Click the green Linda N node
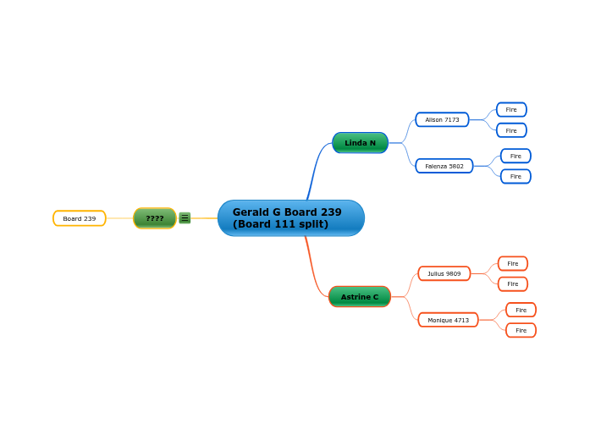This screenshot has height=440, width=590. coord(360,143)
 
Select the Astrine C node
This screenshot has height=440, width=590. coord(360,297)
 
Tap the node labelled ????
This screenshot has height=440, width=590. coord(155,218)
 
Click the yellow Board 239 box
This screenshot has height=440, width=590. coord(80,218)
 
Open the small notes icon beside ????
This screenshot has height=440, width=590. coord(185,218)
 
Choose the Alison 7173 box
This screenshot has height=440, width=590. coord(442,120)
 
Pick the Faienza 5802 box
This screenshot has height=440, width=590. coord(444,166)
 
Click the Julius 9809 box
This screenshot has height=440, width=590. coord(444,273)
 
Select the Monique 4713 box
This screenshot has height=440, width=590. coord(448,320)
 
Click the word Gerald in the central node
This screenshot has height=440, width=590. coord(251,212)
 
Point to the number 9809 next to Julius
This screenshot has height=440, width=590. coord(454,273)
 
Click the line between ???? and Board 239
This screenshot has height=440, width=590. coord(119,218)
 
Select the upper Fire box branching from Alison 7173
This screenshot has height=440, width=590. coord(511,110)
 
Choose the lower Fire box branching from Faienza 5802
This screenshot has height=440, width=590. coord(516,176)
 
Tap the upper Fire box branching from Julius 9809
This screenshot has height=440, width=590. coord(513,263)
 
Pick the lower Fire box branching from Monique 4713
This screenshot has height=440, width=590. coord(521,330)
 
